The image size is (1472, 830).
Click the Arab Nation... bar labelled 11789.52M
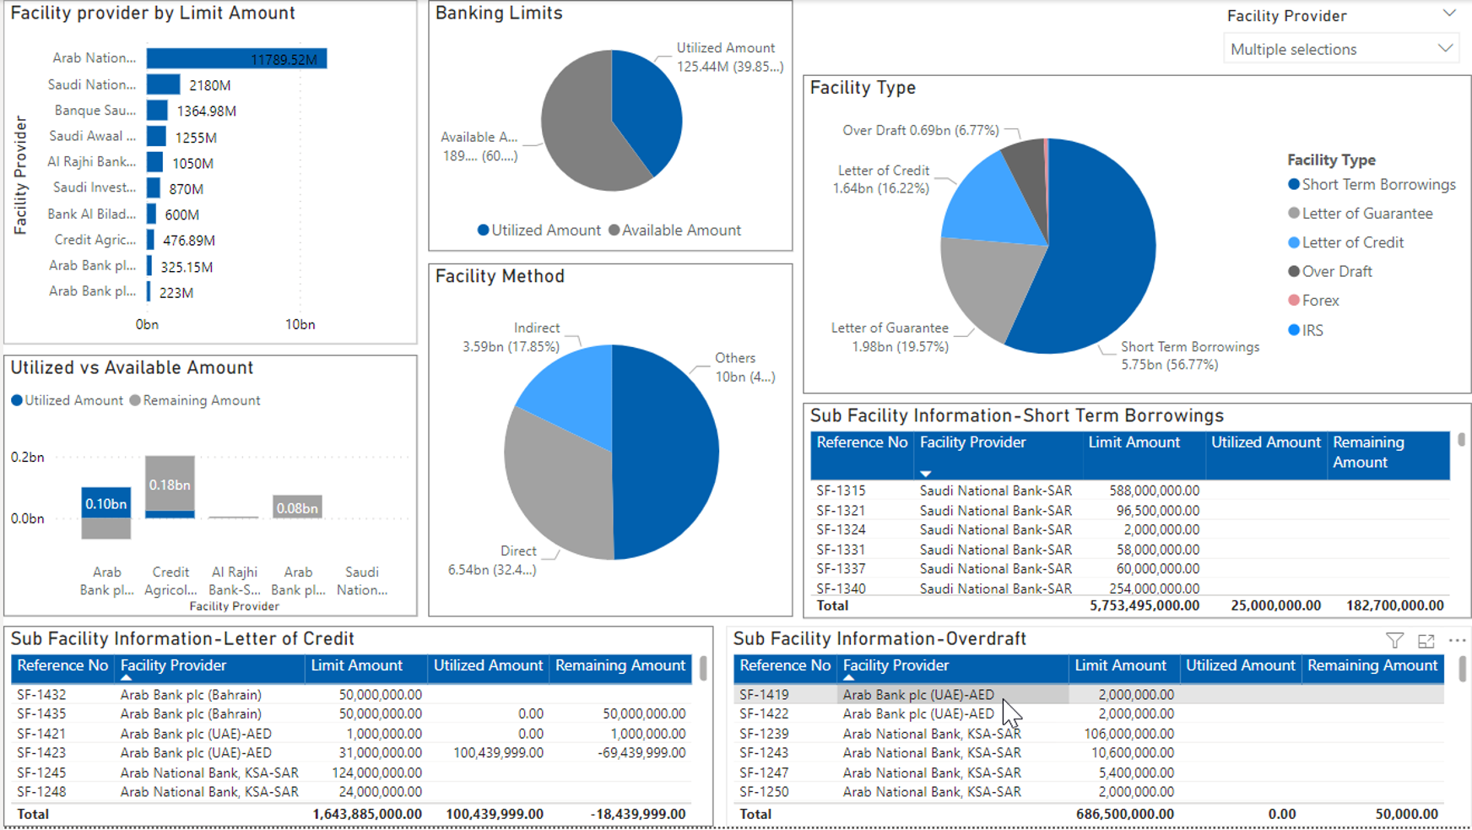(x=236, y=59)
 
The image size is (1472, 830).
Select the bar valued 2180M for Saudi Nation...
(x=163, y=85)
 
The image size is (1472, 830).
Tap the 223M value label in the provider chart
(x=176, y=293)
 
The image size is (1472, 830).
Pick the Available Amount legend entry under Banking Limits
(x=675, y=231)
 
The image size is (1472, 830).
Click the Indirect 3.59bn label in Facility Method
(x=511, y=338)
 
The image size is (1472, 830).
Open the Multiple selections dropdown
(x=1341, y=50)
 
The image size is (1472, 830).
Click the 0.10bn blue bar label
(x=106, y=504)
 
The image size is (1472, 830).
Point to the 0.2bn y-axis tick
(x=27, y=458)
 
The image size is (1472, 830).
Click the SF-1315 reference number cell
(x=841, y=491)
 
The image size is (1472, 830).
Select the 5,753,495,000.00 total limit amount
(x=1145, y=605)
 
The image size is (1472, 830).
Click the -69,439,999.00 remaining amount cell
(x=641, y=753)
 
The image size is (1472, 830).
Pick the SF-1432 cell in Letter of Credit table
(x=41, y=695)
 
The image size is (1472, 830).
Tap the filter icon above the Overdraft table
(x=1395, y=642)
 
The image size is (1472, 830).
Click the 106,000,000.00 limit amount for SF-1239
(x=1128, y=734)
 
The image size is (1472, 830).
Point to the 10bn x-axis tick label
(x=300, y=325)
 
